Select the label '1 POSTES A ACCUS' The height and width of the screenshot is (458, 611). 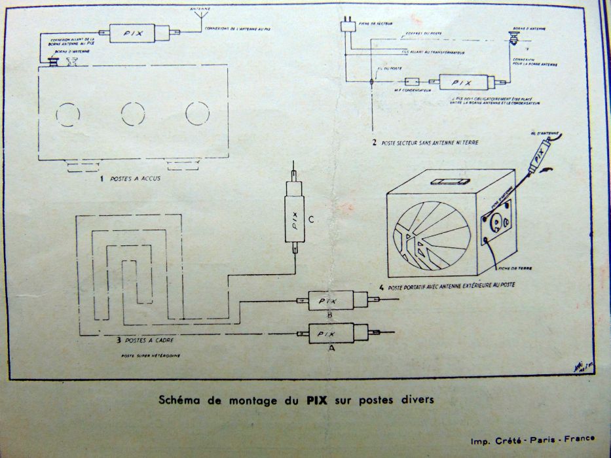click(128, 177)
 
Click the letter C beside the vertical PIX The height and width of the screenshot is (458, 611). click(311, 220)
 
